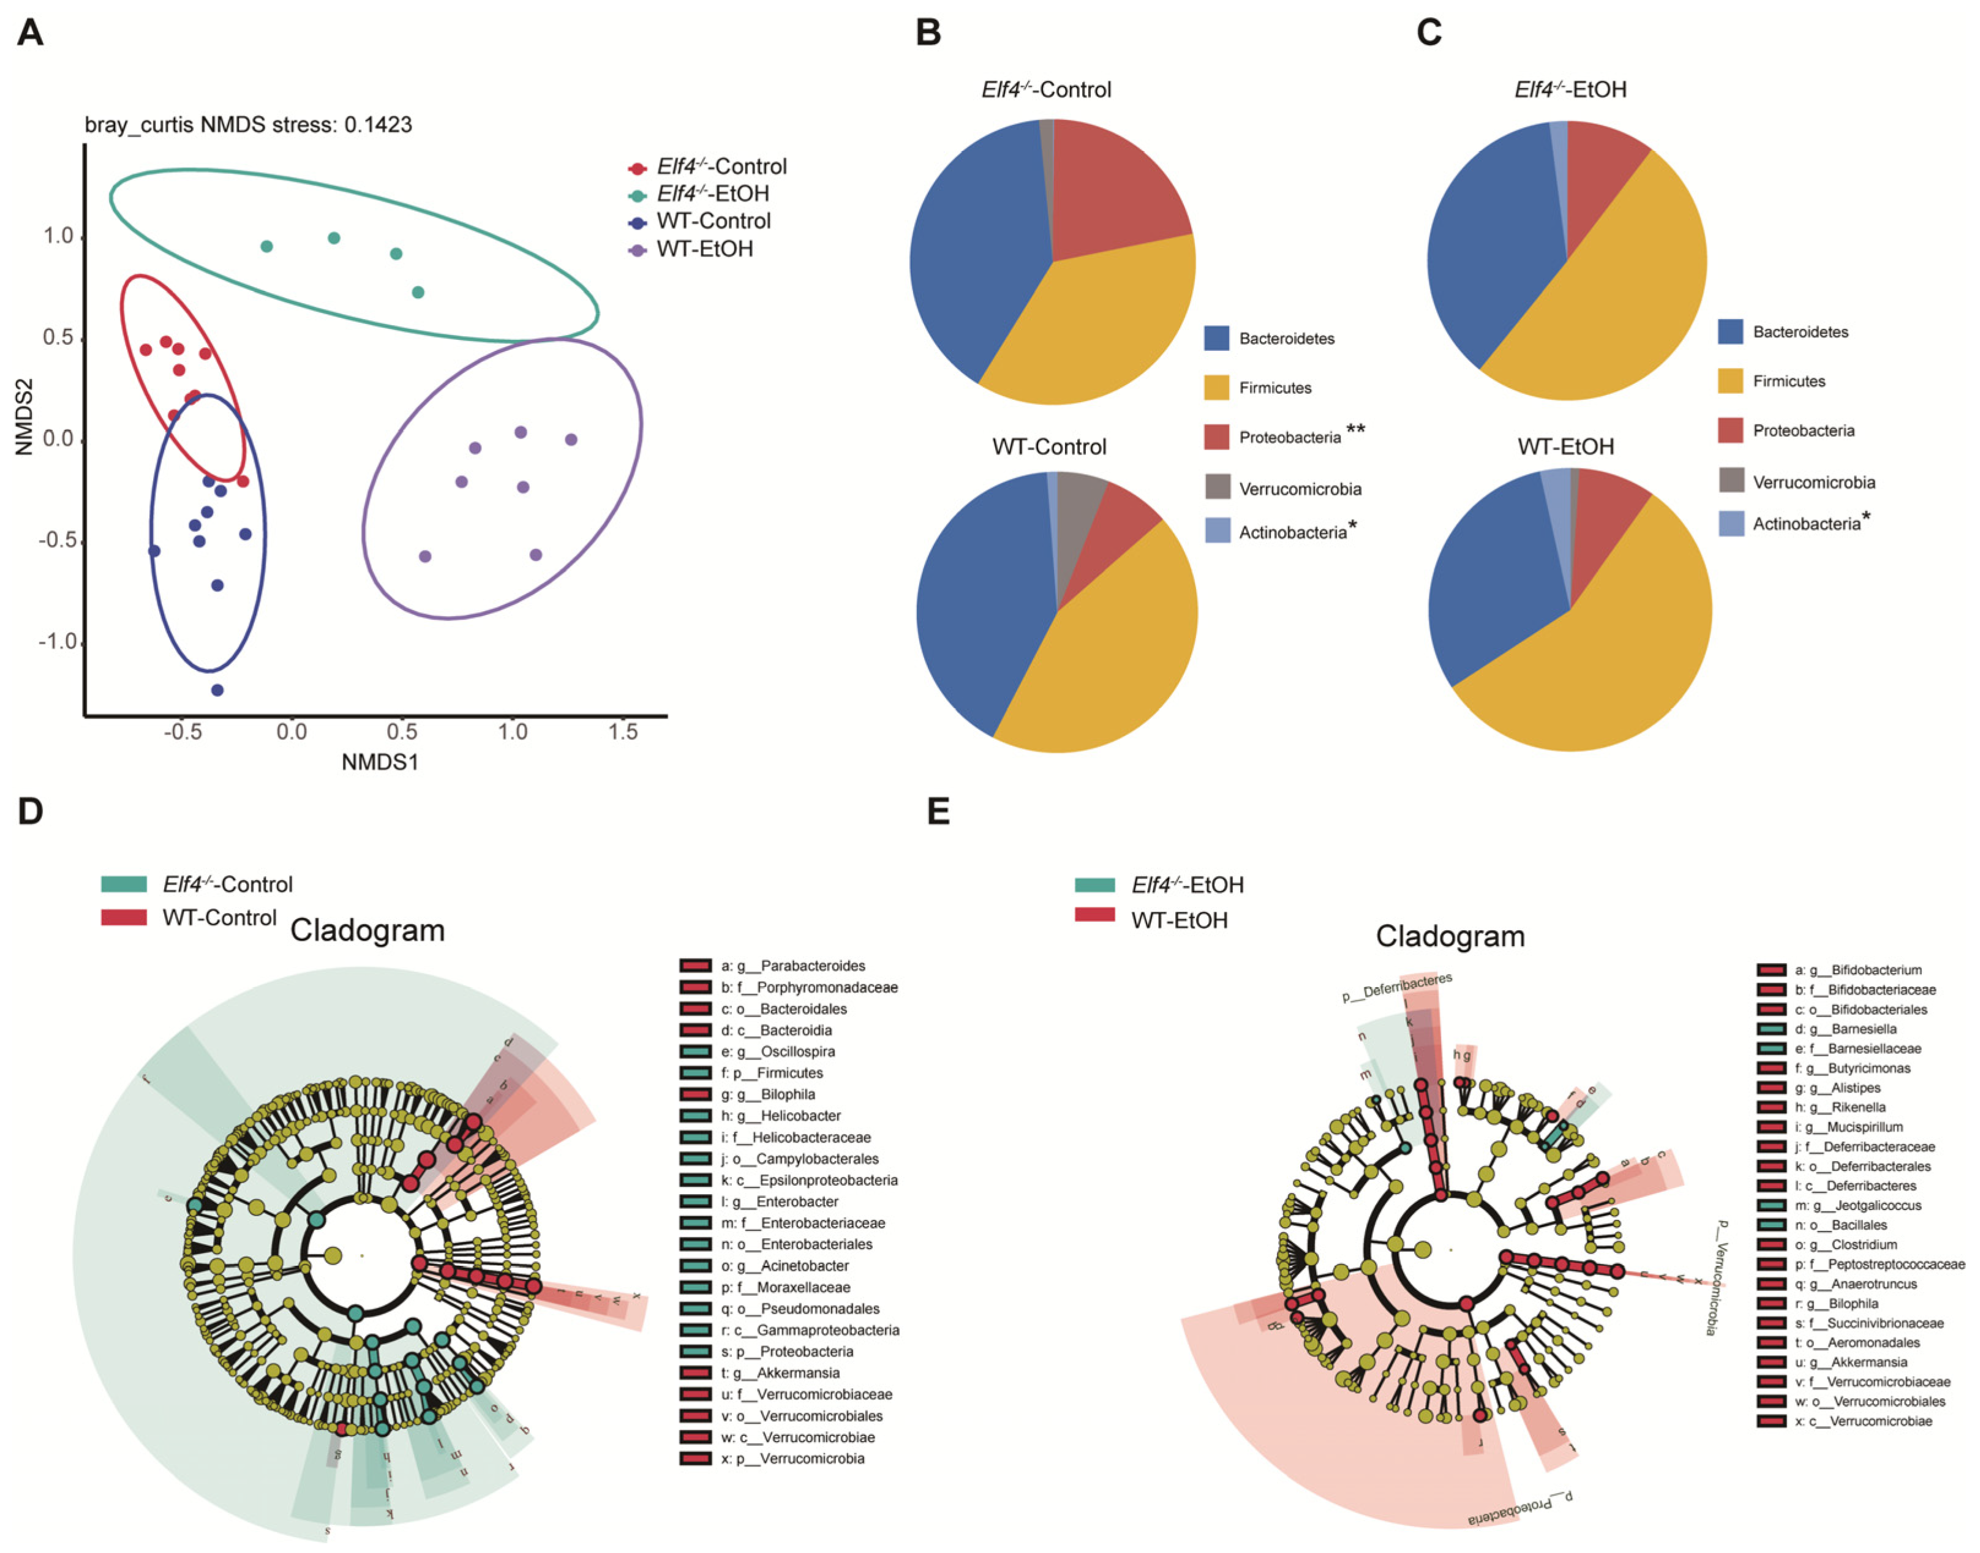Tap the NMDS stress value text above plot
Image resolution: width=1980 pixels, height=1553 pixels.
[x=248, y=124]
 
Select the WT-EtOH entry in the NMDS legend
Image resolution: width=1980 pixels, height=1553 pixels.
[x=704, y=249]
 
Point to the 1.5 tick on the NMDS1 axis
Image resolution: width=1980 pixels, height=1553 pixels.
[x=623, y=732]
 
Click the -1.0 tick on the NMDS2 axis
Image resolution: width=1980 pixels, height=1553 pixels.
[x=58, y=642]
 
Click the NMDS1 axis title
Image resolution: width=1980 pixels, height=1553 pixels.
[x=380, y=762]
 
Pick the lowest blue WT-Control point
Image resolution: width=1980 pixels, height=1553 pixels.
[x=217, y=690]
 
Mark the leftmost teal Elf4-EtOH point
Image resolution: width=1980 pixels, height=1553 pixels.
[x=266, y=246]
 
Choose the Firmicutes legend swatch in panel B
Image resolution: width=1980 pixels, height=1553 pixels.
[x=1216, y=388]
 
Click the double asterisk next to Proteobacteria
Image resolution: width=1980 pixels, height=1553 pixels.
[x=1355, y=430]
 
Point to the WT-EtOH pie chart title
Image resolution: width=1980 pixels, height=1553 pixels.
[x=1565, y=446]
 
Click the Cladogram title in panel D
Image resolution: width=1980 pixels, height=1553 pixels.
[x=367, y=930]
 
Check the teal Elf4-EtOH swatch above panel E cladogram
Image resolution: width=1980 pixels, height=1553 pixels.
[x=1094, y=885]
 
